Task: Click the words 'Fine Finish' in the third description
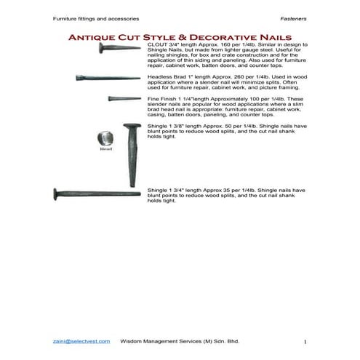point(161,98)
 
